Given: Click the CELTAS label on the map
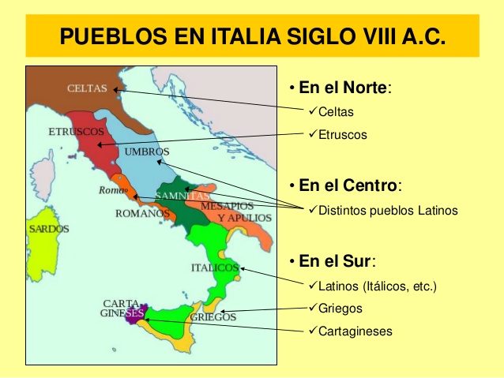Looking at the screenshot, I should pyautogui.click(x=87, y=88).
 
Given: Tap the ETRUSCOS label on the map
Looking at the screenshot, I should pyautogui.click(x=72, y=130).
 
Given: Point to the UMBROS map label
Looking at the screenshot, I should pyautogui.click(x=146, y=152).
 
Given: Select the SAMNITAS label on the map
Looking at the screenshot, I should pyautogui.click(x=182, y=195).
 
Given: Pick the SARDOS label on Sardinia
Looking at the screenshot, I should pyautogui.click(x=49, y=229).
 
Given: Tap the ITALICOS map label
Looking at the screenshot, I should pyautogui.click(x=214, y=268).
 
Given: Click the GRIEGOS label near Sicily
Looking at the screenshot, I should pyautogui.click(x=213, y=317).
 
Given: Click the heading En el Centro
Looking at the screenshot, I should pyautogui.click(x=349, y=186).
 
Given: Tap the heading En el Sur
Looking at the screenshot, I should pyautogui.click(x=336, y=261).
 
